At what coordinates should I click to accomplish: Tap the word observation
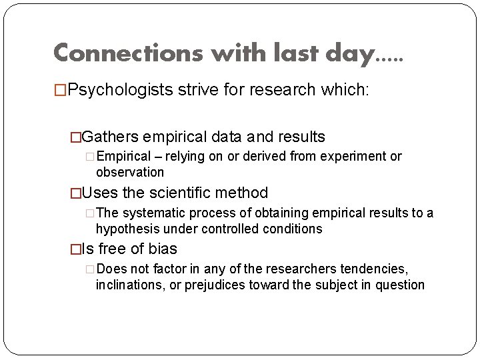click(130, 172)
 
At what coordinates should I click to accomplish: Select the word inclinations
click(127, 285)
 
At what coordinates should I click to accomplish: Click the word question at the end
click(400, 285)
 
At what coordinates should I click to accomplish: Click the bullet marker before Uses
click(75, 193)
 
